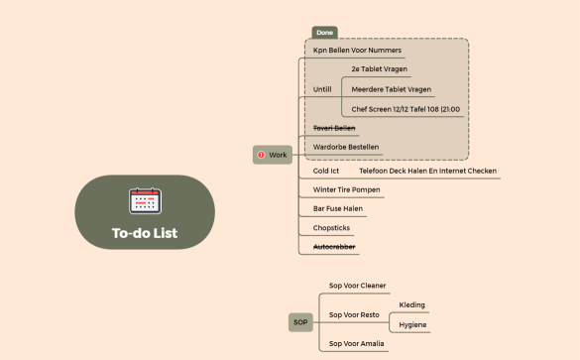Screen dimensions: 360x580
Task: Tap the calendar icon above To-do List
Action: [x=145, y=200]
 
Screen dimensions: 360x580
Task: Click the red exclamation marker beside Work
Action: [x=261, y=155]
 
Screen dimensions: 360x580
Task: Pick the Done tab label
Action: [x=325, y=33]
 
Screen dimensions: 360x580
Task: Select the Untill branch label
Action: [x=323, y=89]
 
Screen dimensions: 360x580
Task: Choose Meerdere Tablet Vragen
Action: [x=391, y=89]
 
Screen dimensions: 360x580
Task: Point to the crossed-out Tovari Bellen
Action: [x=334, y=128]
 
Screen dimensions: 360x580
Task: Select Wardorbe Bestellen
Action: [x=345, y=148]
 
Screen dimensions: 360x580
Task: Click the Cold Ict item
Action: [x=326, y=171]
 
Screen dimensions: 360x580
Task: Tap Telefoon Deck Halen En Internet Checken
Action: [x=427, y=171]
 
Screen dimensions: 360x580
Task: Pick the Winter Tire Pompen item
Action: [x=345, y=189]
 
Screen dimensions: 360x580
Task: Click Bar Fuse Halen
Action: [x=338, y=208]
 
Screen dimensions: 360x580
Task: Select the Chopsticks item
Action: [x=331, y=227]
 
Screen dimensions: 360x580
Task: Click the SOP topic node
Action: [x=300, y=322]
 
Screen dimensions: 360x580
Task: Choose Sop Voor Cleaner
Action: [x=357, y=286]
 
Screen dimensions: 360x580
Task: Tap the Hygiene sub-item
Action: [x=412, y=324]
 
